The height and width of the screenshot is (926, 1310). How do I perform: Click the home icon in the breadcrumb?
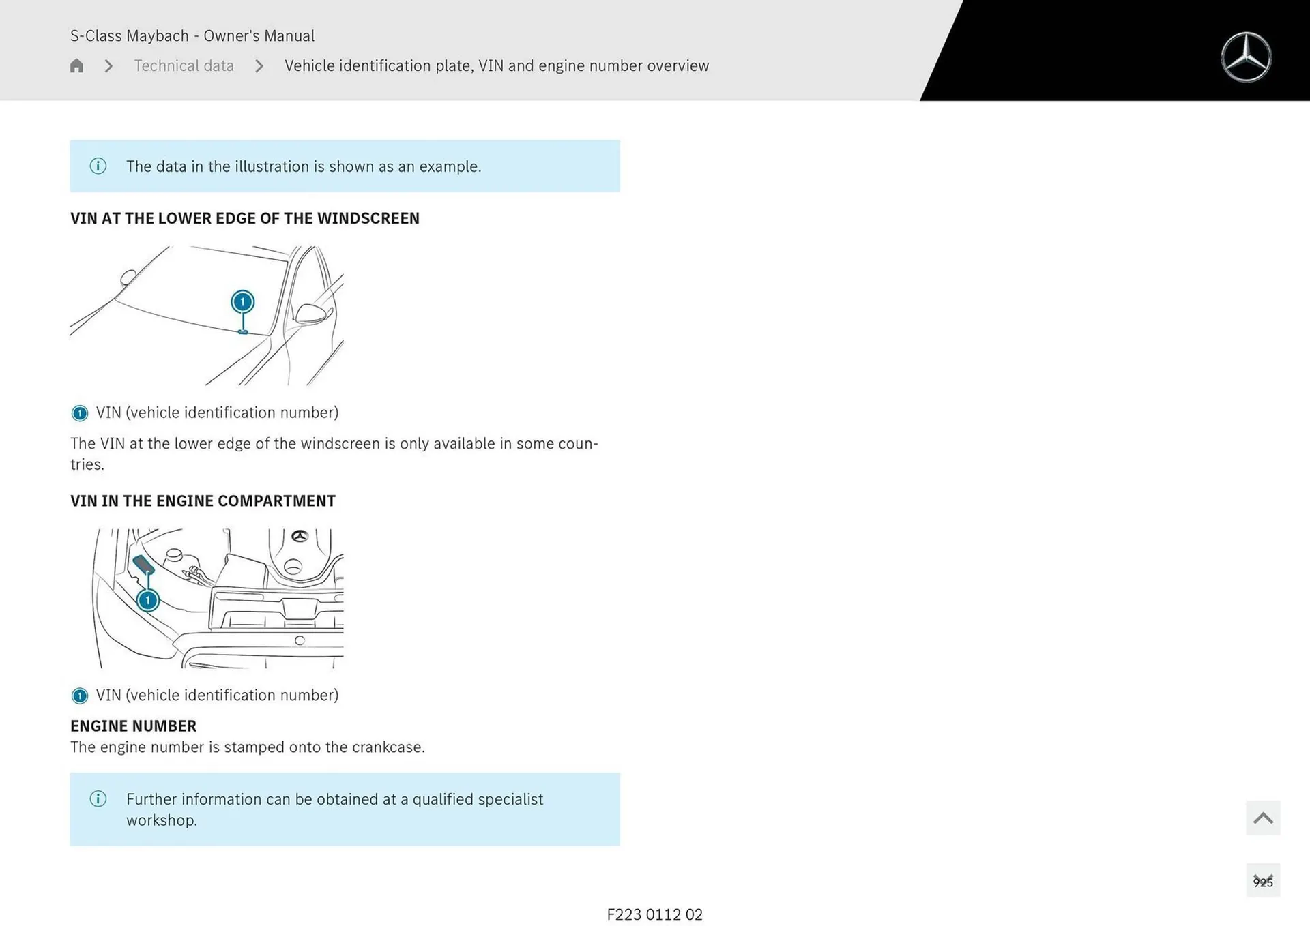(76, 66)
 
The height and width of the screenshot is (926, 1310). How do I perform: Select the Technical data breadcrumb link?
(184, 66)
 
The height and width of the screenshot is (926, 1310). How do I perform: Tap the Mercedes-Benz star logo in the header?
(1246, 57)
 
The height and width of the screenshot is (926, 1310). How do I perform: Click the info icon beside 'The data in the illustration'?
(98, 166)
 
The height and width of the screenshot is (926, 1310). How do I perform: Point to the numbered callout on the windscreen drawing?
(242, 302)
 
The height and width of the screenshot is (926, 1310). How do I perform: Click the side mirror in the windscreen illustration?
(311, 314)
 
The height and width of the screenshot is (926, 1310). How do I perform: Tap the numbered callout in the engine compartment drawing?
(147, 601)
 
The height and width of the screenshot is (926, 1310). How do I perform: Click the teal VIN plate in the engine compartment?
(143, 565)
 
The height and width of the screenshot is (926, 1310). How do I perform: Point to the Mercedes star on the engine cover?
(300, 537)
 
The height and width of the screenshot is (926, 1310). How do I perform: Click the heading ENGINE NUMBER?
(134, 726)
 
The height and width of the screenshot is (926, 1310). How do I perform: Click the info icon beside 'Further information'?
(98, 799)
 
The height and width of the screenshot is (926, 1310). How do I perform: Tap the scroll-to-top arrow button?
(1262, 818)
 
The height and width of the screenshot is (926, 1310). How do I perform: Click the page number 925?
(1262, 882)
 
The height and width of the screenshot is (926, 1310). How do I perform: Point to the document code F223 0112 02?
(654, 914)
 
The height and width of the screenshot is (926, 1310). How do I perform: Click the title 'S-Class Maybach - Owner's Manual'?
(192, 36)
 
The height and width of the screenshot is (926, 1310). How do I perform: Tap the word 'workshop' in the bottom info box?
(160, 820)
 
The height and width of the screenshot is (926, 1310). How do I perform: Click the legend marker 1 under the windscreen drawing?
(80, 413)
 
